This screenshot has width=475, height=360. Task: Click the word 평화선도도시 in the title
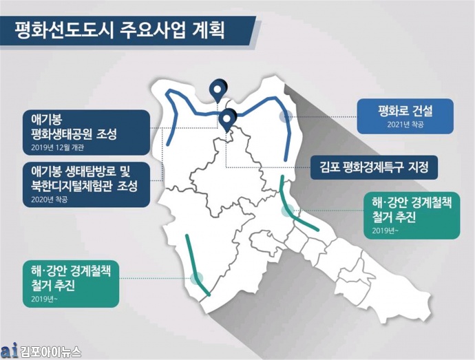pyautogui.click(x=64, y=30)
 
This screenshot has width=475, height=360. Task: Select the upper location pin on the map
pyautogui.click(x=218, y=89)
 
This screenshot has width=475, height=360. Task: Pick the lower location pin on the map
pyautogui.click(x=227, y=120)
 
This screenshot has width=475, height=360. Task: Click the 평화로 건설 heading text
pyautogui.click(x=405, y=111)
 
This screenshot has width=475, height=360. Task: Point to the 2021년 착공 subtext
pyautogui.click(x=405, y=125)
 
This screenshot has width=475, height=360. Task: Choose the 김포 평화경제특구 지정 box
pyautogui.click(x=374, y=167)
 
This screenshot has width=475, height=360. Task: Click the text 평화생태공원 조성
pyautogui.click(x=74, y=134)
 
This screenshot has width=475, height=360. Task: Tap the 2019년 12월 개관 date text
pyautogui.click(x=57, y=147)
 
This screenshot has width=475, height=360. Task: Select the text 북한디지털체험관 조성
pyautogui.click(x=84, y=186)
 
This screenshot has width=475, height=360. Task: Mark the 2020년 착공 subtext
pyautogui.click(x=49, y=200)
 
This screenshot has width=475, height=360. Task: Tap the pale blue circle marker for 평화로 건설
pyautogui.click(x=286, y=116)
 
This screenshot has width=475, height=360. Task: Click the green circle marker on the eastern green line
pyautogui.click(x=287, y=211)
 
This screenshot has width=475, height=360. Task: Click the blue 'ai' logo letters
pyautogui.click(x=9, y=350)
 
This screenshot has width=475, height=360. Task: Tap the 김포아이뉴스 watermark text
pyautogui.click(x=50, y=352)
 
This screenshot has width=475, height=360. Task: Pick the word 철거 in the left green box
pyautogui.click(x=41, y=286)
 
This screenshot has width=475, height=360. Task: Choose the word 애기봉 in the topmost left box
pyautogui.click(x=46, y=119)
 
